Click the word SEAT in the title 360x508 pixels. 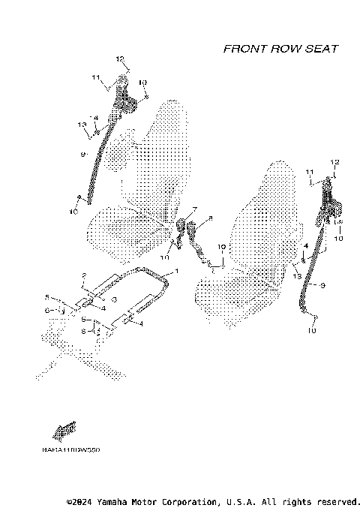point(320,49)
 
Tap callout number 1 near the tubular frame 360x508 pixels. point(177,270)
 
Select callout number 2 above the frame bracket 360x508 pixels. point(85,276)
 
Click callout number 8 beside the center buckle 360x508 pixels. point(211,218)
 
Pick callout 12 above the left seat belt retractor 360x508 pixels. point(119,59)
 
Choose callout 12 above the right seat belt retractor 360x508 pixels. point(335,162)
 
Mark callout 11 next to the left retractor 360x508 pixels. point(95,77)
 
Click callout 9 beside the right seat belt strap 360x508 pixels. point(322,285)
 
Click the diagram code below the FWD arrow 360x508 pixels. point(71,450)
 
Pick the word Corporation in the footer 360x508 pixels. point(185,500)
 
